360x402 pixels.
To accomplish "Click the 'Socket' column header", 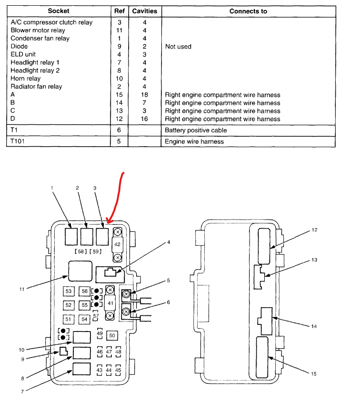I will (x=59, y=11).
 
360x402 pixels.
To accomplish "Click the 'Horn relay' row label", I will (x=26, y=79).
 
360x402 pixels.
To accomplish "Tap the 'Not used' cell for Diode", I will (x=178, y=47).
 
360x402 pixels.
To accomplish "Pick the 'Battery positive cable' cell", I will (x=196, y=130).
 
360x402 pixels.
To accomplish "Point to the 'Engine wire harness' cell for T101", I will (x=194, y=141).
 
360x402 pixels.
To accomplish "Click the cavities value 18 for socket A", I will (x=145, y=95).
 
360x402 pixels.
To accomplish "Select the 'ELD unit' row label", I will (x=23, y=54).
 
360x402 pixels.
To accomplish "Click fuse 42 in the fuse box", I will (x=117, y=244).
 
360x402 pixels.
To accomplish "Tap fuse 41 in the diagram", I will (x=110, y=302).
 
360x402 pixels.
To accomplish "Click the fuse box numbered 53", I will (x=69, y=291).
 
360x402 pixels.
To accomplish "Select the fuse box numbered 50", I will (x=112, y=336).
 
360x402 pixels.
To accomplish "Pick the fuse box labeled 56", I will (x=84, y=291).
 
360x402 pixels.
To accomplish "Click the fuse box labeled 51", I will (x=69, y=319).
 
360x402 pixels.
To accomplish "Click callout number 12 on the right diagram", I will (x=314, y=230).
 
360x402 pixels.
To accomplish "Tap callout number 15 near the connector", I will (x=314, y=374).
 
